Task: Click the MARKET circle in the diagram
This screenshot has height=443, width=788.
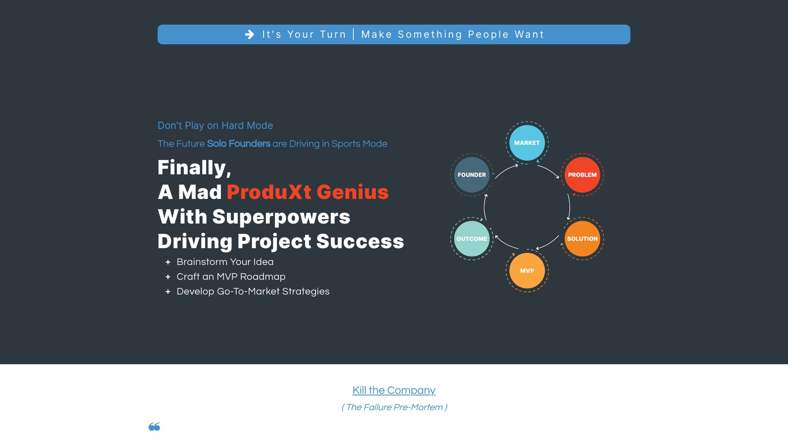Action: pos(527,143)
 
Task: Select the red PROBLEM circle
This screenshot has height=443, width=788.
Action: pos(582,175)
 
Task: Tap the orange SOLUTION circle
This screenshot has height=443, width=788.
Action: pos(582,239)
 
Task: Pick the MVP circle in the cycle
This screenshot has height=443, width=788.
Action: pos(527,271)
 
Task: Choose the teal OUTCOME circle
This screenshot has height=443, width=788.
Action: pos(472,239)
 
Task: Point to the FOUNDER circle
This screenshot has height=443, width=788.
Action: pos(472,175)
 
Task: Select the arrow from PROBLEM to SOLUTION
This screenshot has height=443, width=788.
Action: pos(570,207)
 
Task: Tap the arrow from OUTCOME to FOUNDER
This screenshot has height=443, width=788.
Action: pos(485,207)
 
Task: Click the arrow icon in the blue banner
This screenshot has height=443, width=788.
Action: pos(250,34)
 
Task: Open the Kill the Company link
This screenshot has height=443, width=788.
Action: pos(394,390)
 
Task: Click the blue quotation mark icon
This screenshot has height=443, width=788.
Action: pos(154,427)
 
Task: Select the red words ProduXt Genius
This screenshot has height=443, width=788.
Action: pos(307,192)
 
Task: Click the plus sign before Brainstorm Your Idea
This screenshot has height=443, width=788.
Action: pos(168,262)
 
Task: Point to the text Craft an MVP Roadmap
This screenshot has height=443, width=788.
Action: pos(231,276)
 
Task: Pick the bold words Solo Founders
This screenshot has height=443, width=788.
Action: pos(238,144)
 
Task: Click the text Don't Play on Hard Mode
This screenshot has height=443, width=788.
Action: pos(215,126)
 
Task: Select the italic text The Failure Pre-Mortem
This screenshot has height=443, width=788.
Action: pos(394,407)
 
